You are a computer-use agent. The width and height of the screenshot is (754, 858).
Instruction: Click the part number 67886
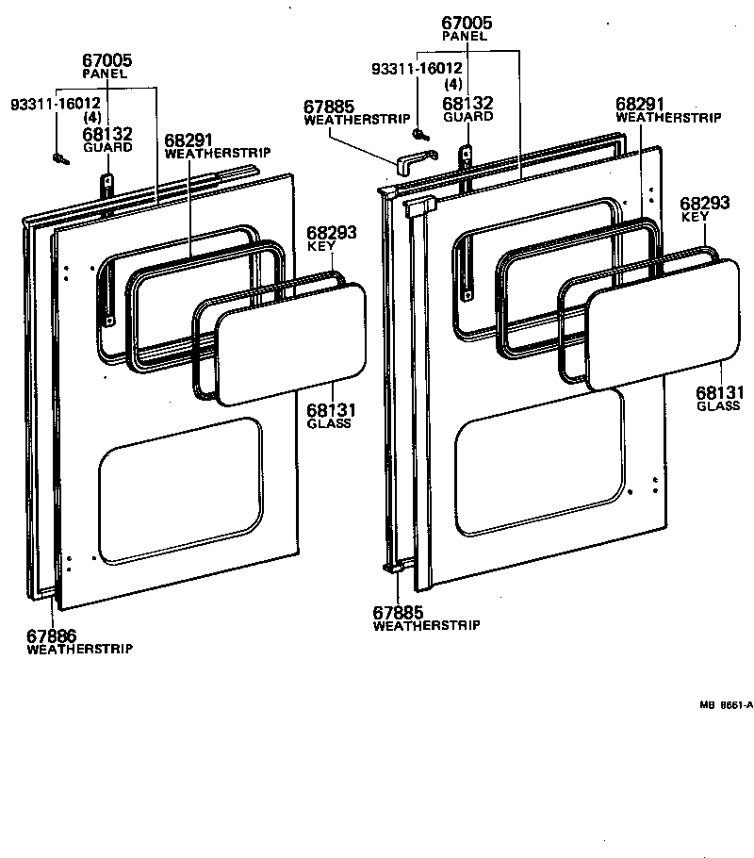point(51,635)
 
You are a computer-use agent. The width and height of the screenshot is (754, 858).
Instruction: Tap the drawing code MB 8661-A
point(726,703)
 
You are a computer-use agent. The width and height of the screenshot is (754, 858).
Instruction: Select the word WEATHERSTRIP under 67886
point(79,649)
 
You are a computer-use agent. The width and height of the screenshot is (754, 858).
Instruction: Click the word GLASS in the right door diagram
point(718,406)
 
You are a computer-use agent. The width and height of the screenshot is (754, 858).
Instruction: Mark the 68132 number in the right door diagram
point(467,103)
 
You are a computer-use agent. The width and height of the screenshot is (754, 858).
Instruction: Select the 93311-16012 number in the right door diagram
point(417,68)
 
